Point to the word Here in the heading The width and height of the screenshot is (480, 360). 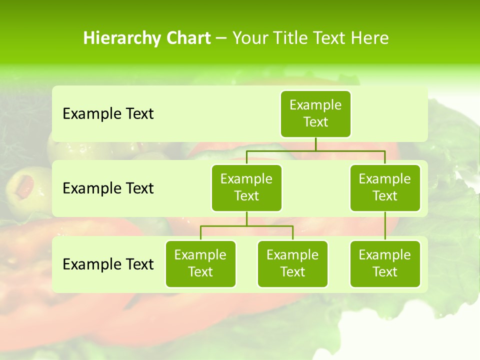(x=370, y=38)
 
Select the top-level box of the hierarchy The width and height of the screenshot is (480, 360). (x=315, y=113)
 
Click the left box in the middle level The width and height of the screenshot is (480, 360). (x=246, y=187)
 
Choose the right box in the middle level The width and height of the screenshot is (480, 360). (x=385, y=187)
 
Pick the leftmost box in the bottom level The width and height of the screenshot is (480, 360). (x=200, y=263)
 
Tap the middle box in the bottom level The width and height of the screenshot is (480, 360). (x=292, y=263)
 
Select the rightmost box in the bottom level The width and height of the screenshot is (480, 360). (x=385, y=263)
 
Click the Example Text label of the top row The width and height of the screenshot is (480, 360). (x=108, y=114)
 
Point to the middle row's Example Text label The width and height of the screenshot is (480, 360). (x=108, y=188)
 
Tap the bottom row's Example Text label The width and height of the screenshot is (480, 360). (x=108, y=264)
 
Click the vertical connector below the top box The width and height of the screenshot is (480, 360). (x=315, y=144)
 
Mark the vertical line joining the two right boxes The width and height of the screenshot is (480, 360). (x=385, y=225)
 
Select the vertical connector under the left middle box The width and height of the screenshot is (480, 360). (x=246, y=218)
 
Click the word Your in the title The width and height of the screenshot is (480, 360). (x=248, y=38)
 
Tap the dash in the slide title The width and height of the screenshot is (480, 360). (x=221, y=38)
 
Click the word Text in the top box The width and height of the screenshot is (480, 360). (x=315, y=122)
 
